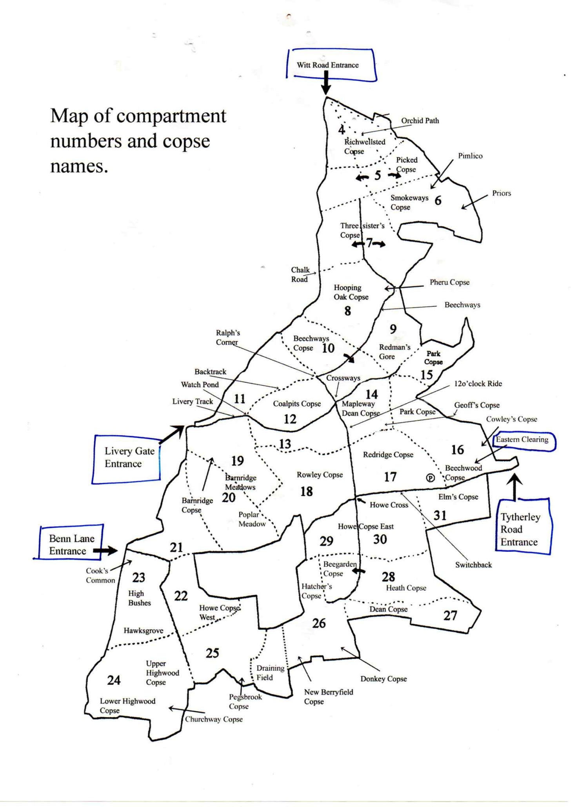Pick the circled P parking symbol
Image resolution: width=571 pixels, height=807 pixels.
[430, 478]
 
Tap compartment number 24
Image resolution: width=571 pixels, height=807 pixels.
[114, 680]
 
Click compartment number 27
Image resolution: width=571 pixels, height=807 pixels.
[450, 616]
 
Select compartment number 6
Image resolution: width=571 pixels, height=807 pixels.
[438, 200]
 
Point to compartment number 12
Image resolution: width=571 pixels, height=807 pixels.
[290, 419]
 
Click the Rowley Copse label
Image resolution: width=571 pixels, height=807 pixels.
[320, 475]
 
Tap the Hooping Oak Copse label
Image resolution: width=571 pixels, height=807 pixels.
[351, 292]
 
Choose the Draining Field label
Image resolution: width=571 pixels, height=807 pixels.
[270, 672]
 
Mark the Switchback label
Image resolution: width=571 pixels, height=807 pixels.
[473, 565]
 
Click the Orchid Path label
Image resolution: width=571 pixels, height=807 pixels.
[420, 121]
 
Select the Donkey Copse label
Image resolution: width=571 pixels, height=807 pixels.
[384, 679]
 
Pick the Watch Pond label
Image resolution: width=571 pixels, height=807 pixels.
[200, 385]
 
